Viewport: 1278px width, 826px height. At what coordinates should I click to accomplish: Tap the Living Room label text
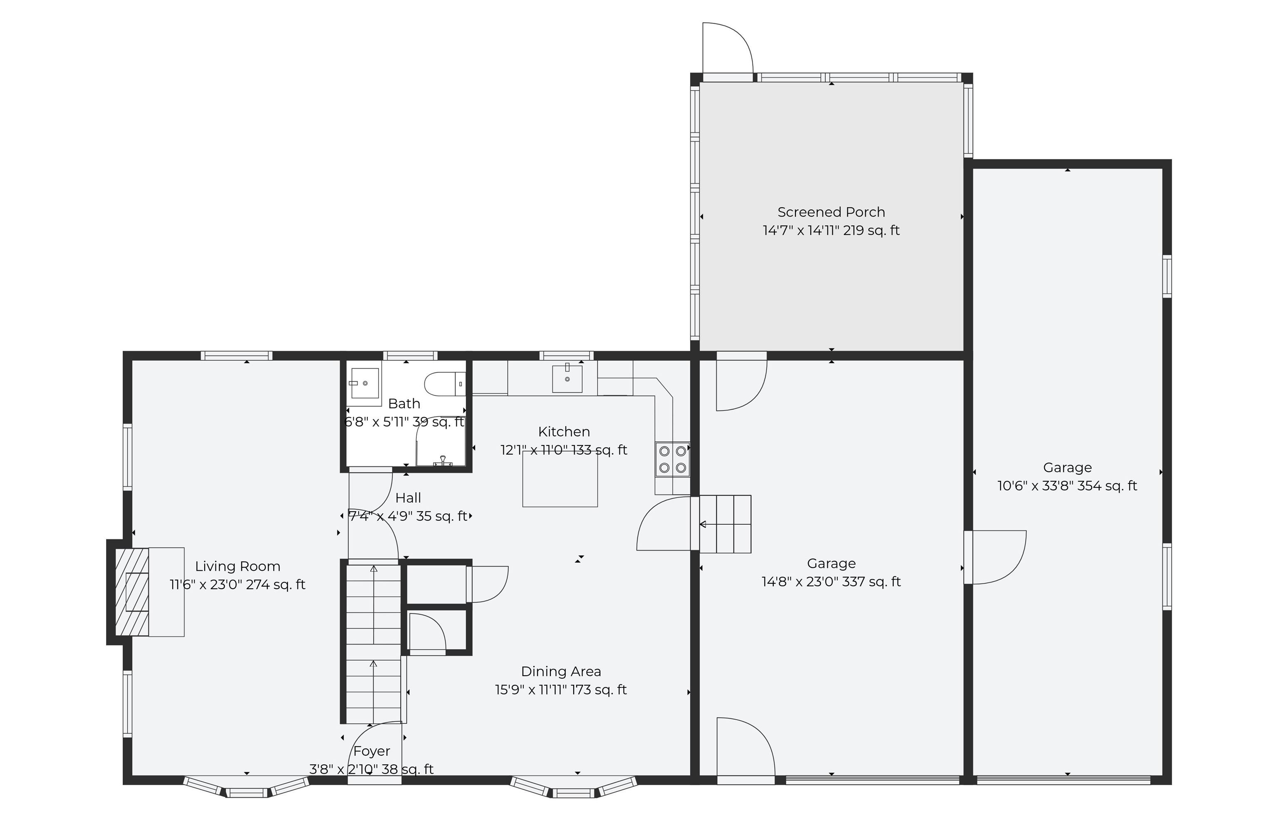238,566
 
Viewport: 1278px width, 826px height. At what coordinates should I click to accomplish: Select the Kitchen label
564,431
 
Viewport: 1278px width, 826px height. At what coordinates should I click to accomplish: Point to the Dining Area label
561,671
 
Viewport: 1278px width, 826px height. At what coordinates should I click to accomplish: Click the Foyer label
372,751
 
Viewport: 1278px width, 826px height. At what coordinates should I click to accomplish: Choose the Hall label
408,498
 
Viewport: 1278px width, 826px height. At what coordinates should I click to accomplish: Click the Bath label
404,403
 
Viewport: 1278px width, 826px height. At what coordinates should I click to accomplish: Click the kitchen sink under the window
567,378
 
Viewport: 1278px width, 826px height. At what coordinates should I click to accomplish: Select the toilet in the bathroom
445,384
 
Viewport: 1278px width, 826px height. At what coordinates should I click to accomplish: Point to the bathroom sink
365,383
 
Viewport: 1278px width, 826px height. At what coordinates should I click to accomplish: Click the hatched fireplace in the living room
132,592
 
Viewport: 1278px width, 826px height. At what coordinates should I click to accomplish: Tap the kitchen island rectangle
560,479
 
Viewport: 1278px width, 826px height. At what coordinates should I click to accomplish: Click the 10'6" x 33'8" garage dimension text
1067,485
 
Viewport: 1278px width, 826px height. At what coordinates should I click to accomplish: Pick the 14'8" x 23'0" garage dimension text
831,582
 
